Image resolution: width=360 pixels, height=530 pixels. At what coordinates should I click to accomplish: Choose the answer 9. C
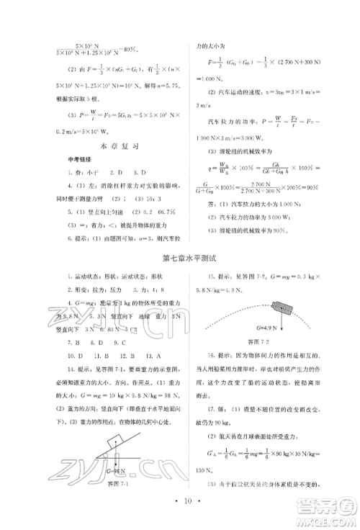click(x=134, y=343)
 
